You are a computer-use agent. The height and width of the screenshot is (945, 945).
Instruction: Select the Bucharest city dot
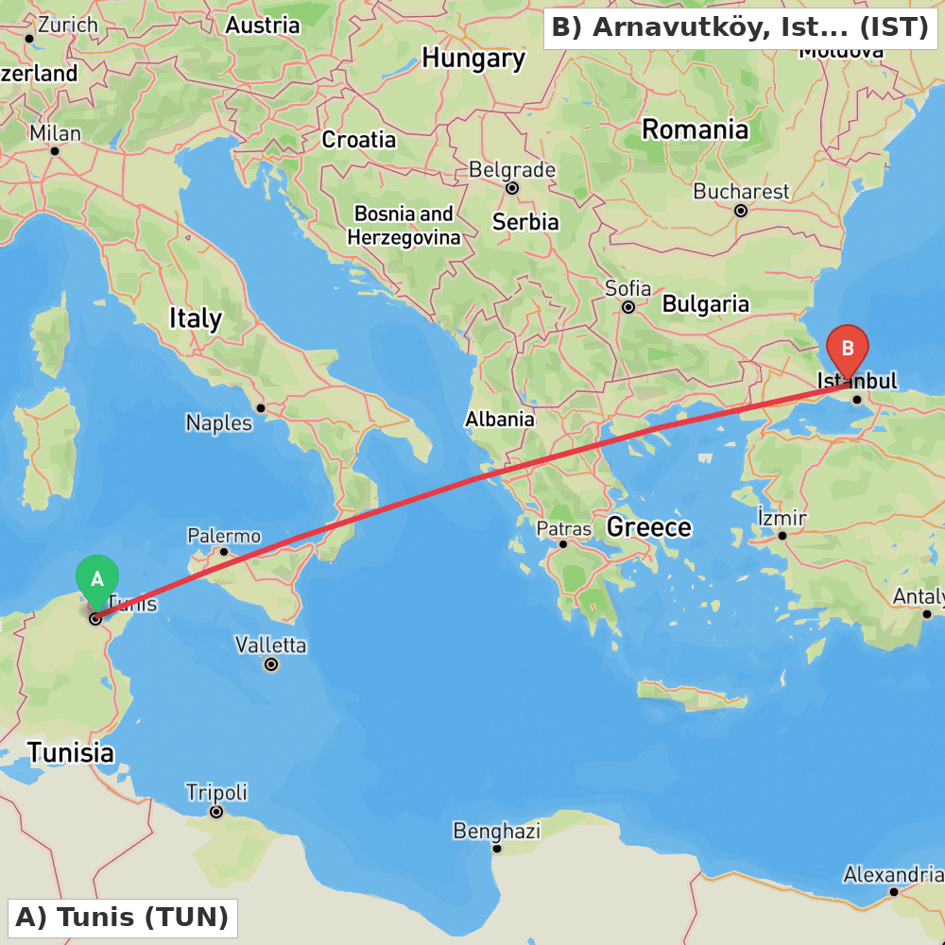tap(741, 211)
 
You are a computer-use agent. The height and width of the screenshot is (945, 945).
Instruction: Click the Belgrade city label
tap(512, 170)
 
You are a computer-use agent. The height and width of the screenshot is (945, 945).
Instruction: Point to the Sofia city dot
tap(628, 307)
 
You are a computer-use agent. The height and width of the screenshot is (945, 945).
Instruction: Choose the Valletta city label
tap(271, 645)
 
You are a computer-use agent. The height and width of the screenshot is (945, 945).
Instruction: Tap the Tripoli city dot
tap(216, 812)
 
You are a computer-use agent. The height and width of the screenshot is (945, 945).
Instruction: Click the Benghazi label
tap(497, 832)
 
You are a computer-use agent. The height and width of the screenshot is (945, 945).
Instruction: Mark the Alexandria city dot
tap(893, 891)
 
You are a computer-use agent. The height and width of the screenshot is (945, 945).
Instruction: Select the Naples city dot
tap(261, 408)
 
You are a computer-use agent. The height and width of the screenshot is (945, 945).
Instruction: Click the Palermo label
tap(224, 536)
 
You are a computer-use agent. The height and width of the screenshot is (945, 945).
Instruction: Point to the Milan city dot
tap(55, 151)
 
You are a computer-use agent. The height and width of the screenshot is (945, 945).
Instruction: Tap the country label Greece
tap(649, 526)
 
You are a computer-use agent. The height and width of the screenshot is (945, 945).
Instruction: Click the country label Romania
tap(695, 129)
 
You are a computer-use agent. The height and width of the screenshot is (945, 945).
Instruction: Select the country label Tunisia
tap(71, 753)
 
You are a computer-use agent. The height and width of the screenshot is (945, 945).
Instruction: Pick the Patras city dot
tap(563, 543)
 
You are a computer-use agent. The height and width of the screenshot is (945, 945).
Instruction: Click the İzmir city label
tap(782, 518)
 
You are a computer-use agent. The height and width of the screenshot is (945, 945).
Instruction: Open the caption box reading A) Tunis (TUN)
tap(122, 918)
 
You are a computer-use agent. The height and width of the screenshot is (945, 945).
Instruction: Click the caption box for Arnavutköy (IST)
tap(740, 28)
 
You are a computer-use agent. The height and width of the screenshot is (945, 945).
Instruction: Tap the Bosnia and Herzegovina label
tap(404, 225)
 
